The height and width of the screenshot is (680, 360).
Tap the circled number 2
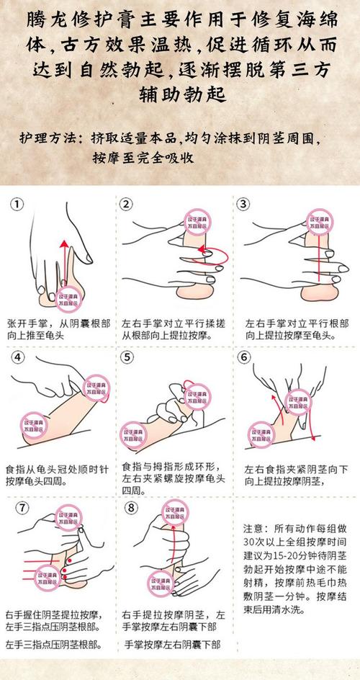click(x=127, y=205)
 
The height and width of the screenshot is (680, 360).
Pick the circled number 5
click(x=127, y=357)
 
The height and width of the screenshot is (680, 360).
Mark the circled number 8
click(x=130, y=507)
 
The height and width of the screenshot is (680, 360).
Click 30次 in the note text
click(x=256, y=540)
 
